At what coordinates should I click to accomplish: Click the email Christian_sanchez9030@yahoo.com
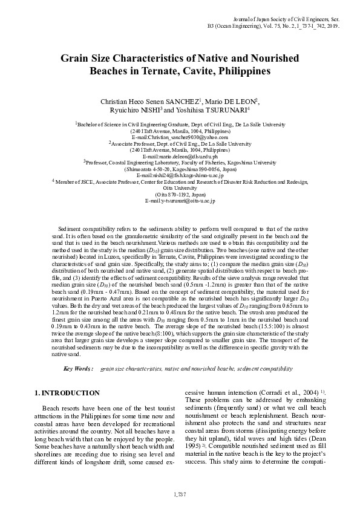coord(180,137)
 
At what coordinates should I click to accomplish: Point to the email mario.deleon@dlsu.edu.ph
coord(180,156)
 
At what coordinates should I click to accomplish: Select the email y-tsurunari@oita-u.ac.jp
coord(180,201)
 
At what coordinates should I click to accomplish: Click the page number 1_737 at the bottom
coord(180,494)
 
